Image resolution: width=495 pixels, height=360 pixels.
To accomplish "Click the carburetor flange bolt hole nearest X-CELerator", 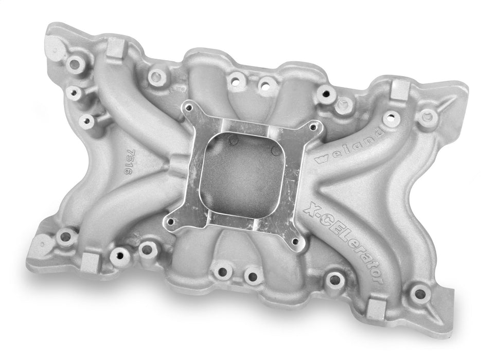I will coord(295,240).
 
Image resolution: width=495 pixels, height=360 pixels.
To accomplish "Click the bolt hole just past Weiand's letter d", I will coord(392,119).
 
